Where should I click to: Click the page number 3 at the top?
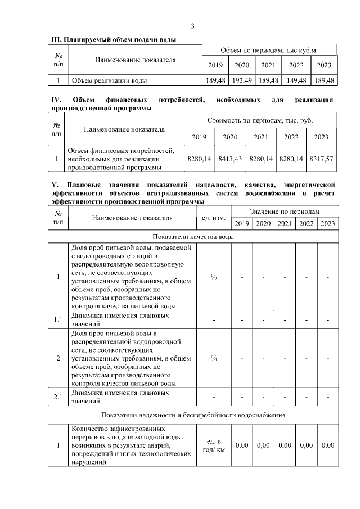[x=192, y=26]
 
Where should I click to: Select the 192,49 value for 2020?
[x=241, y=80]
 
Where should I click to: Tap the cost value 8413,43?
[x=230, y=159]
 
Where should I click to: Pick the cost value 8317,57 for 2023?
[x=321, y=159]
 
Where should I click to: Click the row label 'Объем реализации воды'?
[x=102, y=80]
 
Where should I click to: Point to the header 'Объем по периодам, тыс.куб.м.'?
[x=269, y=50]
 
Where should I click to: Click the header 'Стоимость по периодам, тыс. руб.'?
[x=260, y=120]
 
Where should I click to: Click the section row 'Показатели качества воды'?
[x=192, y=237]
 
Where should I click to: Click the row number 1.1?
[x=57, y=319]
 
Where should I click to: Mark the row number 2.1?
[x=57, y=398]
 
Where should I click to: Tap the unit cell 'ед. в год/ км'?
[x=214, y=445]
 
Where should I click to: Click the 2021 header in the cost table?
[x=260, y=137]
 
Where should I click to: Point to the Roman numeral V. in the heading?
[x=55, y=184]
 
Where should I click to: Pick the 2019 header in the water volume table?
[x=215, y=65]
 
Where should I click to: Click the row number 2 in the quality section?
[x=57, y=358]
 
